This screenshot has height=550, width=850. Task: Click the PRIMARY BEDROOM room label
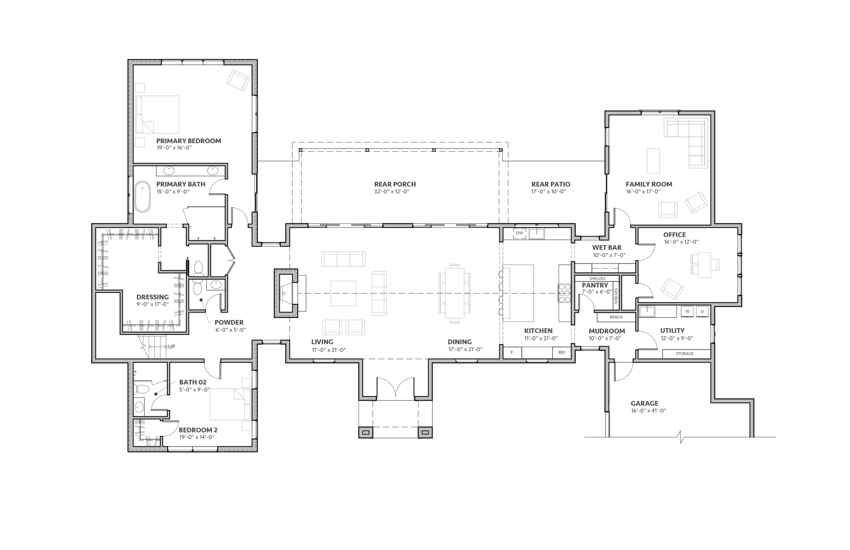188,141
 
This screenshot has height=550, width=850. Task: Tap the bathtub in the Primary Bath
142,196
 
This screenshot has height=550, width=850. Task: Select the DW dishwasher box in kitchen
520,233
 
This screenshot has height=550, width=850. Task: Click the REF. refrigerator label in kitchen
562,352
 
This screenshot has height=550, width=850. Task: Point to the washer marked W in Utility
687,311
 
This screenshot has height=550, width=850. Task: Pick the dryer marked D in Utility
702,311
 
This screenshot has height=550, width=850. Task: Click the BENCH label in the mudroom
616,317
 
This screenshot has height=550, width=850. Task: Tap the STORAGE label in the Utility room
684,354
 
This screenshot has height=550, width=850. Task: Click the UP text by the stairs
171,346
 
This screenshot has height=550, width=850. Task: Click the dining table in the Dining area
454,293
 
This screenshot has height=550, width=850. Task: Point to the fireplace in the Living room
286,293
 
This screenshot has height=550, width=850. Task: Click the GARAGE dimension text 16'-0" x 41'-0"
648,411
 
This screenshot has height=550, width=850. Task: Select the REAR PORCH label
395,184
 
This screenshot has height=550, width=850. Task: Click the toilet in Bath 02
141,389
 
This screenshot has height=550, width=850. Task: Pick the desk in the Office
704,265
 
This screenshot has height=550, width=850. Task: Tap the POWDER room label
229,322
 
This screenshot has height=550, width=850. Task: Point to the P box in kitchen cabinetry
512,352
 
